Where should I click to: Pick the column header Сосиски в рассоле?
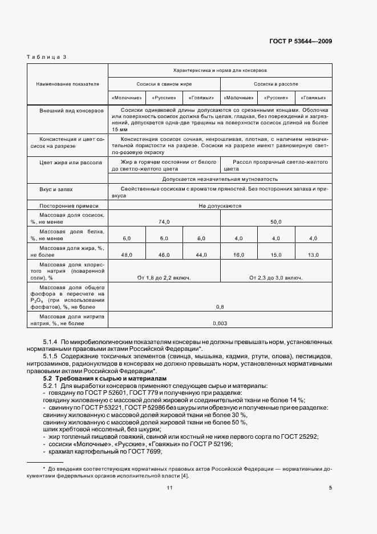(x=276, y=84)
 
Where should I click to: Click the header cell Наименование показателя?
(x=67, y=84)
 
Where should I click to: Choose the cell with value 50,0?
(x=276, y=221)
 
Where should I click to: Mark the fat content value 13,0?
(x=313, y=254)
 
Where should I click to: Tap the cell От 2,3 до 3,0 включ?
(x=276, y=278)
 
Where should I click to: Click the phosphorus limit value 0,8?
(x=220, y=307)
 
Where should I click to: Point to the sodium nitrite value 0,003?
(x=220, y=323)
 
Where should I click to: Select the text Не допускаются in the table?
(x=220, y=205)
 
